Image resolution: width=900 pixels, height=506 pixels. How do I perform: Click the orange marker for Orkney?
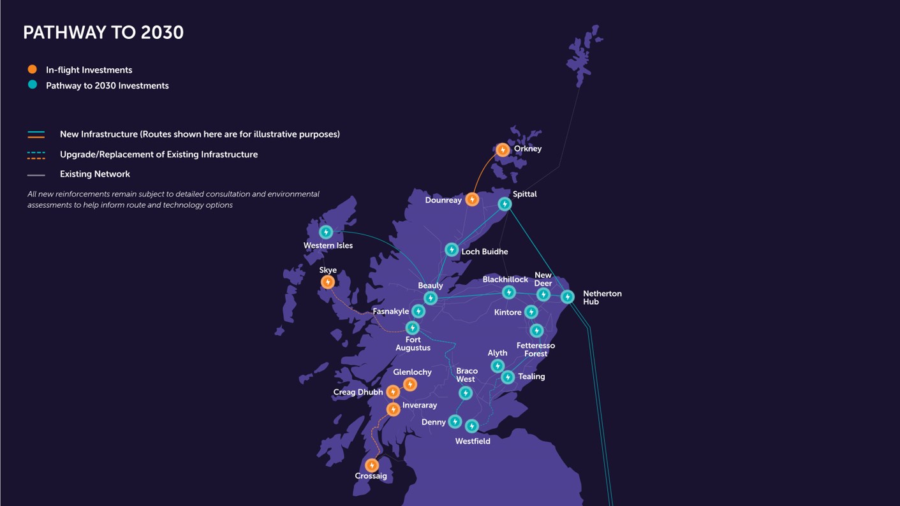pos(503,150)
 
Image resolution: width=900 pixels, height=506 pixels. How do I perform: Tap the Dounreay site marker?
pos(472,199)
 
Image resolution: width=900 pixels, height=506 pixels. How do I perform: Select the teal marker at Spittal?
pos(505,204)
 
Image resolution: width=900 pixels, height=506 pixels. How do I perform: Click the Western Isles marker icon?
pos(326,232)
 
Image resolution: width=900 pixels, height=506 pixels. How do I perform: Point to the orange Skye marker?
pos(328,282)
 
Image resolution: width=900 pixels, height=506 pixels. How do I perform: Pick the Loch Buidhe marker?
pos(452,250)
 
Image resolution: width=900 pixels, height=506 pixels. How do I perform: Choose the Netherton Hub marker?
pos(567,297)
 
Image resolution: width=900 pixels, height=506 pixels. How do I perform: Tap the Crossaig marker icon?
pos(372,465)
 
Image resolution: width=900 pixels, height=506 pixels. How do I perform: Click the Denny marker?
pos(455,421)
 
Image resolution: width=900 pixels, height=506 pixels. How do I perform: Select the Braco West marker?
pos(466,393)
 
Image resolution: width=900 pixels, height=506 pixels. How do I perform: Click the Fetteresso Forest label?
pos(536,349)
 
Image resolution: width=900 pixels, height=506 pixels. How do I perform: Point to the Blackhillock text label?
pos(505,280)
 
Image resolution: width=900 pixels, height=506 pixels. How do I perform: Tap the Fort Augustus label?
pos(413,343)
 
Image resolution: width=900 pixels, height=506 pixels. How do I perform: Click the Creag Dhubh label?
pos(358,392)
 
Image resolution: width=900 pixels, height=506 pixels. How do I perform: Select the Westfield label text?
pos(473,441)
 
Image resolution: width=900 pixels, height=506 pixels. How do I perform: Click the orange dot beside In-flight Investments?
pos(33,69)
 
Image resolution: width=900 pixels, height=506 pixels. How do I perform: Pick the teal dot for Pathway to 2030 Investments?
pos(33,85)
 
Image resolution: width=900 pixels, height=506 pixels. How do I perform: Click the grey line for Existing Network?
pos(36,175)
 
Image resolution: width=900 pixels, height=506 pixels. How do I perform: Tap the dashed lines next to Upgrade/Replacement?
pos(36,155)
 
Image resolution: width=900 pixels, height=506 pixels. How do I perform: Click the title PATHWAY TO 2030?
pos(103,33)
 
